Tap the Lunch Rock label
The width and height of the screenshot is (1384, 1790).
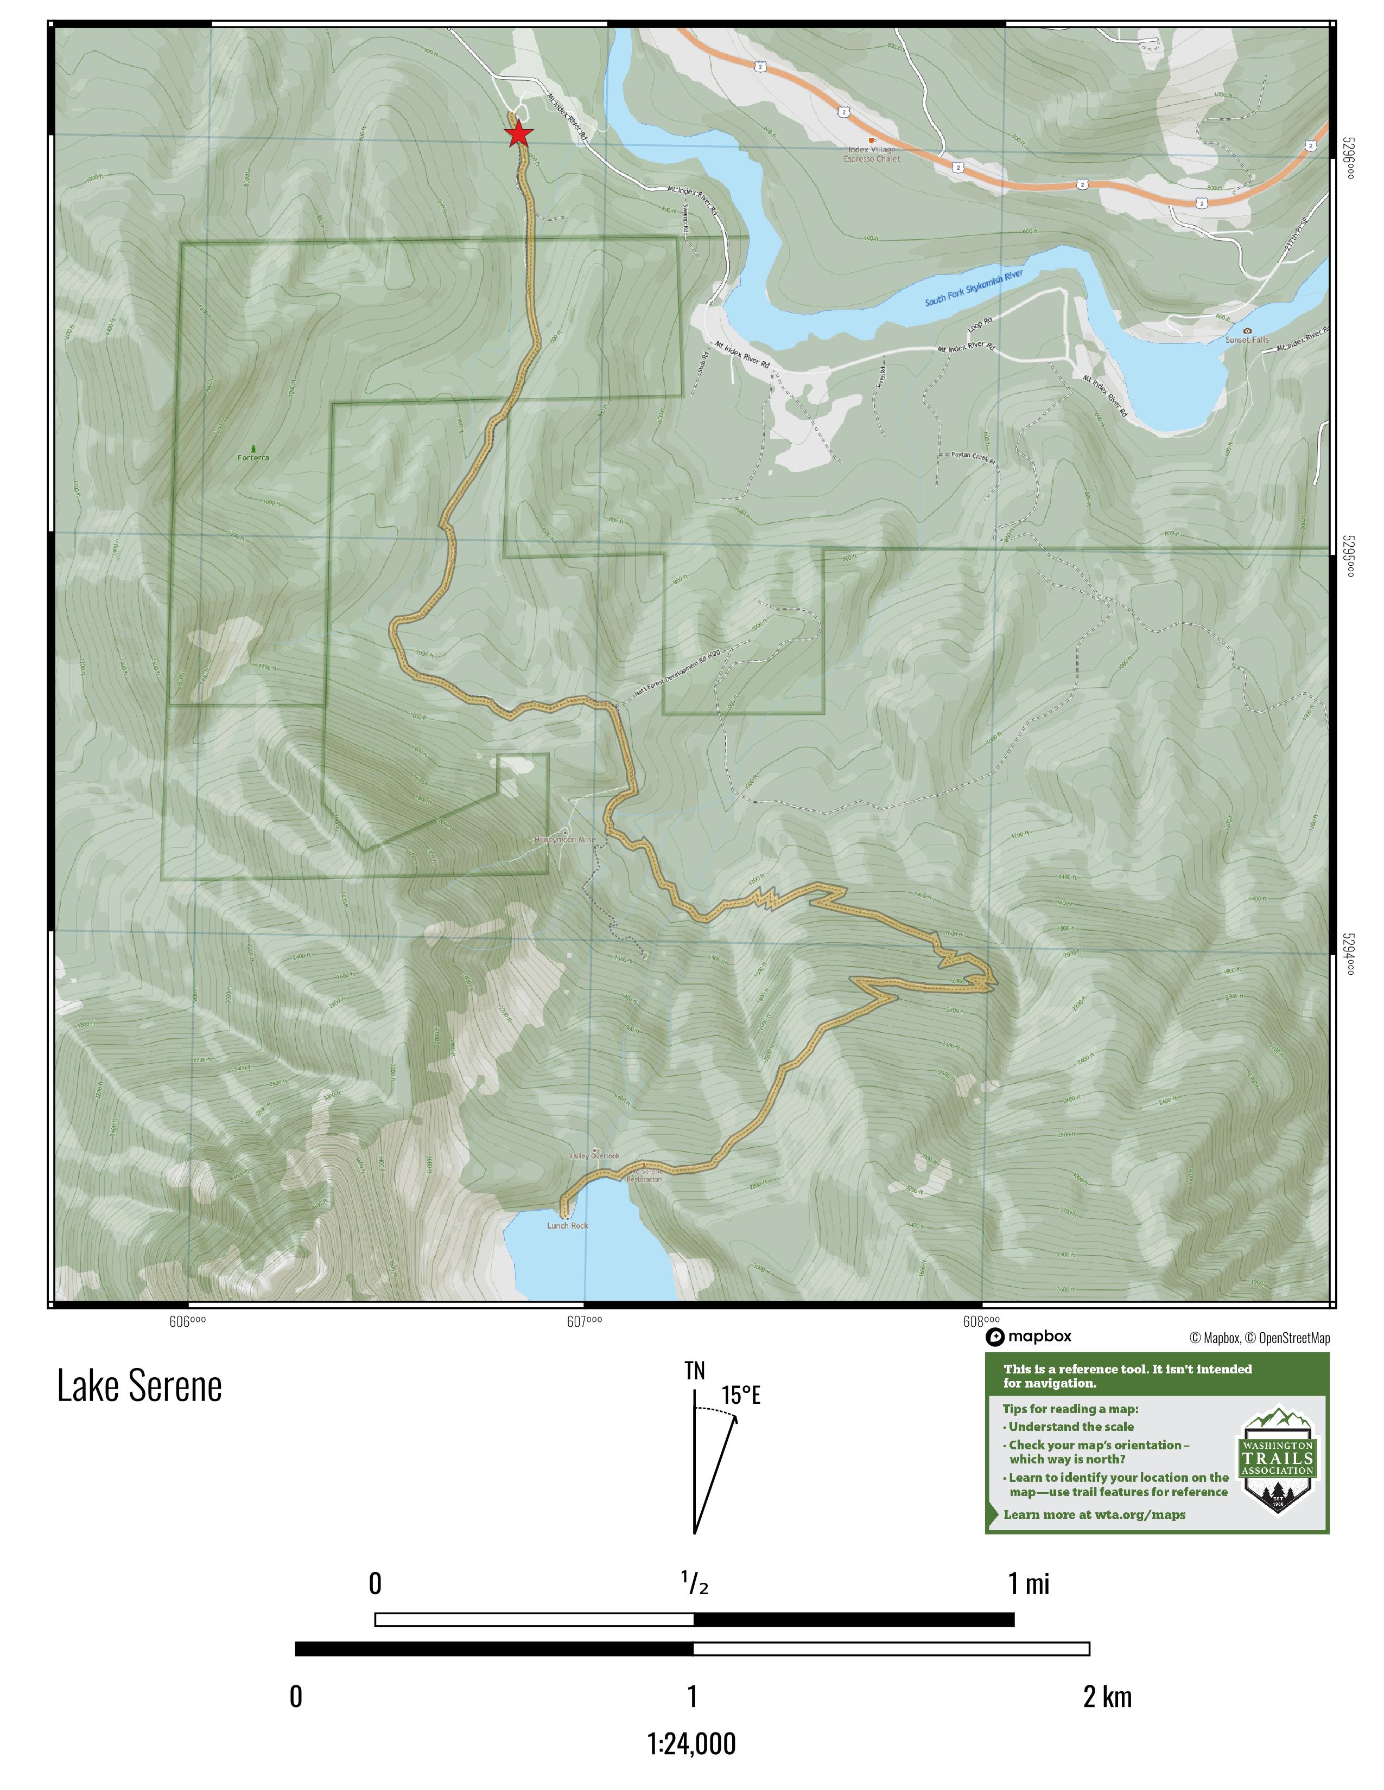click(x=567, y=1226)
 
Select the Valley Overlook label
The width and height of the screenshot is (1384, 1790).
click(x=594, y=1155)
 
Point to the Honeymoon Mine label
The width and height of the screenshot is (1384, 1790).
click(x=565, y=839)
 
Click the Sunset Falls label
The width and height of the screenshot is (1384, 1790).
click(x=1246, y=340)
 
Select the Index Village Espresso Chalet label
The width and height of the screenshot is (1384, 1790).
click(x=872, y=154)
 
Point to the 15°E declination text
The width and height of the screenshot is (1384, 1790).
click(x=741, y=1395)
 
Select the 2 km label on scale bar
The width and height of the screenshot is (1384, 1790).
click(x=1107, y=1697)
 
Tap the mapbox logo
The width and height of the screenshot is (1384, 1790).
click(x=1028, y=1337)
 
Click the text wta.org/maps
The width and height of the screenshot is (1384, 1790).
click(x=1140, y=1514)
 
